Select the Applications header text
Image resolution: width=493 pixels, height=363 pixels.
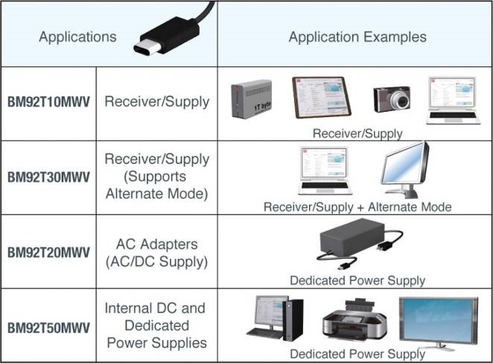pyautogui.click(x=77, y=37)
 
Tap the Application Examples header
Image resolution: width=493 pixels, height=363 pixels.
pyautogui.click(x=357, y=37)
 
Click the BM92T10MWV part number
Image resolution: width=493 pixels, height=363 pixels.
pyautogui.click(x=49, y=101)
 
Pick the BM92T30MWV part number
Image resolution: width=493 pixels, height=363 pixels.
pyautogui.click(x=49, y=177)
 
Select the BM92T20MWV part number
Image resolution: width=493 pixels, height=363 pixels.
pyautogui.click(x=49, y=253)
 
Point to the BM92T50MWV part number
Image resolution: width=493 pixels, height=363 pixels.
pyautogui.click(x=49, y=326)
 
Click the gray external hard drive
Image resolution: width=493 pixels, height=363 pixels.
pyautogui.click(x=250, y=99)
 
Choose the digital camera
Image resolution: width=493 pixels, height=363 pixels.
pyautogui.click(x=392, y=98)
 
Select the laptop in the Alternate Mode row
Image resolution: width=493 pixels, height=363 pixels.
pyautogui.click(x=324, y=174)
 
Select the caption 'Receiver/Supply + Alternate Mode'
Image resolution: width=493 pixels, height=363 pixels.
pyautogui.click(x=357, y=206)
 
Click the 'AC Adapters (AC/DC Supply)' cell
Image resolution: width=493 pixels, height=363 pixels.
pyautogui.click(x=156, y=253)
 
